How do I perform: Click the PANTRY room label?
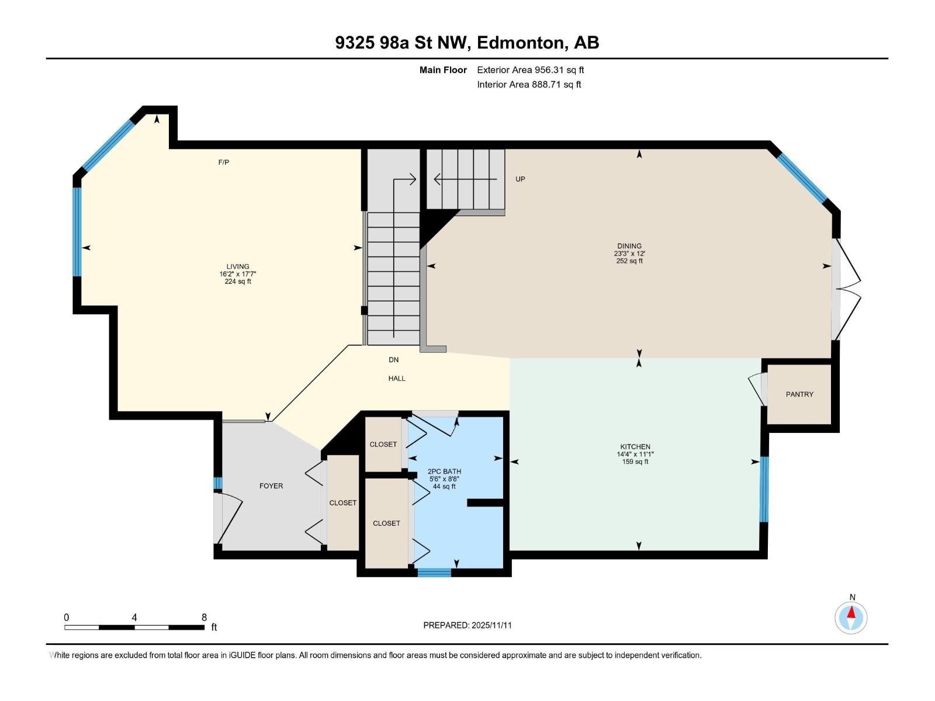(799, 394)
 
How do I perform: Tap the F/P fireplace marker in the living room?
(224, 162)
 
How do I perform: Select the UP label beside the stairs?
(520, 179)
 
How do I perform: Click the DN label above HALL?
(394, 360)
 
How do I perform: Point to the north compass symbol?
(851, 616)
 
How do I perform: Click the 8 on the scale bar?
(204, 617)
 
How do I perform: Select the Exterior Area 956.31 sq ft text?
(530, 70)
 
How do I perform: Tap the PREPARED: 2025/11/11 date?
(467, 625)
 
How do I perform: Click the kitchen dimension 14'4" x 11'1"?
(635, 454)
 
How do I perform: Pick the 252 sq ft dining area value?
(629, 261)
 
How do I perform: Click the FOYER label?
(271, 486)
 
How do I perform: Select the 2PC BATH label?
(444, 471)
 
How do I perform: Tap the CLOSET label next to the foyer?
(342, 503)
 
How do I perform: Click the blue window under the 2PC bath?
(434, 572)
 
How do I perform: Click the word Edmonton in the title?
(521, 43)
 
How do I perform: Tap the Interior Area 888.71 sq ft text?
(529, 85)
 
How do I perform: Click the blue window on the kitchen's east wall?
(763, 490)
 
